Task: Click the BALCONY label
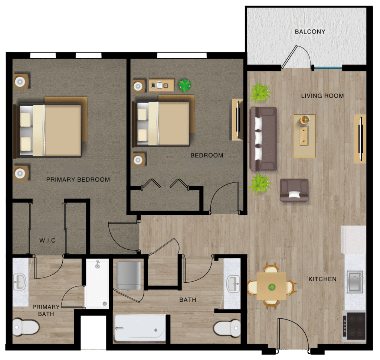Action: click(x=310, y=32)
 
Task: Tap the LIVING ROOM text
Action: click(x=322, y=96)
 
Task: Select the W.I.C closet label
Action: click(x=47, y=240)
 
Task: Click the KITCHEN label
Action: click(x=322, y=279)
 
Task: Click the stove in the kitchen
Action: click(x=354, y=326)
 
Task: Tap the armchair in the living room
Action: click(x=294, y=191)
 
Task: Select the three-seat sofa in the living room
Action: click(x=263, y=139)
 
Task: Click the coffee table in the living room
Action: click(x=304, y=136)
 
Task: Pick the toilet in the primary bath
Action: click(x=26, y=327)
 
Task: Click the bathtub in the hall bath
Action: click(x=140, y=328)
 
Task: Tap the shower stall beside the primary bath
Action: click(x=97, y=283)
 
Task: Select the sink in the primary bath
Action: click(x=19, y=282)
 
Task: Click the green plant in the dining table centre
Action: click(x=272, y=287)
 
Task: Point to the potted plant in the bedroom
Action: click(x=185, y=85)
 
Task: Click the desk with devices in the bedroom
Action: click(x=161, y=85)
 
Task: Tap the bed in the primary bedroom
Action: click(x=50, y=127)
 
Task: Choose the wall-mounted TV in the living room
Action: click(x=360, y=139)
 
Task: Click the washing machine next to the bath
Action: click(x=129, y=275)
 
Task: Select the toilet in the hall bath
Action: click(x=227, y=328)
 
